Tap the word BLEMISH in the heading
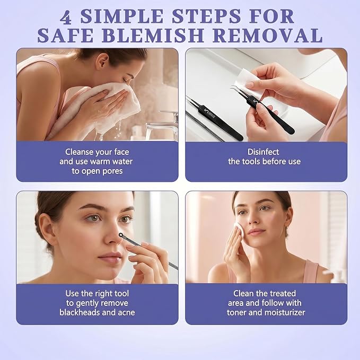click(153, 36)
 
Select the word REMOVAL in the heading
click(268, 36)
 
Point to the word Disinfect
click(263, 152)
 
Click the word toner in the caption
click(236, 312)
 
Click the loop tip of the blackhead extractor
click(121, 235)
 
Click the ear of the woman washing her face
click(102, 61)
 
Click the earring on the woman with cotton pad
click(286, 227)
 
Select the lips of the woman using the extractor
click(110, 257)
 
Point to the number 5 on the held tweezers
click(256, 101)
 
